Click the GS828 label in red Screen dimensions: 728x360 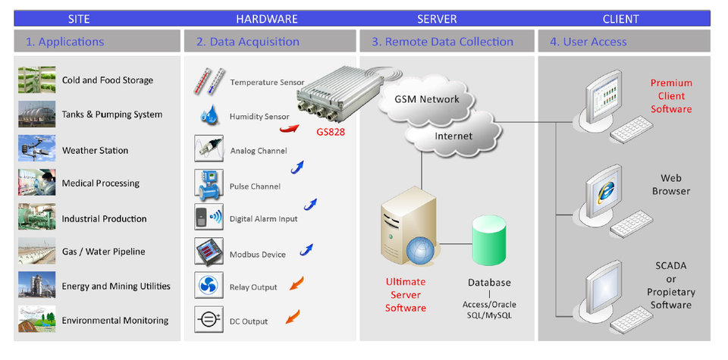click(x=331, y=132)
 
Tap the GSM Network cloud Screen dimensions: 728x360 click(x=427, y=99)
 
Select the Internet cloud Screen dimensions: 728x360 click(x=453, y=136)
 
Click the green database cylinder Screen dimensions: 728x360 click(x=489, y=239)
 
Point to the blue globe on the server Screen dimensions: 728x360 click(x=421, y=252)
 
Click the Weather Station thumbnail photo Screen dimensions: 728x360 click(x=36, y=149)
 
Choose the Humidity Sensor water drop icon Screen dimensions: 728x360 click(x=209, y=114)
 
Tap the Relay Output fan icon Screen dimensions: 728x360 click(x=209, y=285)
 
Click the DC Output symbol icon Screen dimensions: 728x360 click(x=209, y=320)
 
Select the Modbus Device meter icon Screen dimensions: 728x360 click(x=209, y=252)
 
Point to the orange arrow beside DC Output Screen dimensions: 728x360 click(x=293, y=317)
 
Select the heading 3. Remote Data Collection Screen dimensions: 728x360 click(x=442, y=42)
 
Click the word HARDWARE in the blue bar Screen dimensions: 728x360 click(x=266, y=19)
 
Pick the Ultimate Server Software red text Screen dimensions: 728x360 click(x=405, y=295)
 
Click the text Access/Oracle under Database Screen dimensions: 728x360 click(x=489, y=305)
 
